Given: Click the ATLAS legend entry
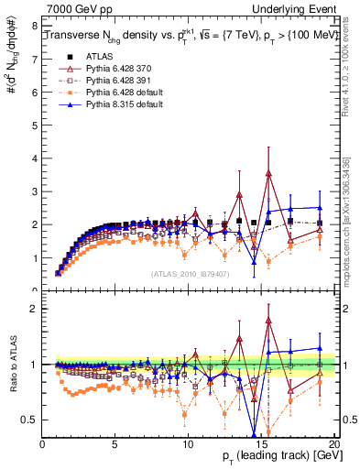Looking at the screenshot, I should click(97, 56).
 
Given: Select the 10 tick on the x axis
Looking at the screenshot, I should click(188, 444).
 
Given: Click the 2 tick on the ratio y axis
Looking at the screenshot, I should click(34, 309).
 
